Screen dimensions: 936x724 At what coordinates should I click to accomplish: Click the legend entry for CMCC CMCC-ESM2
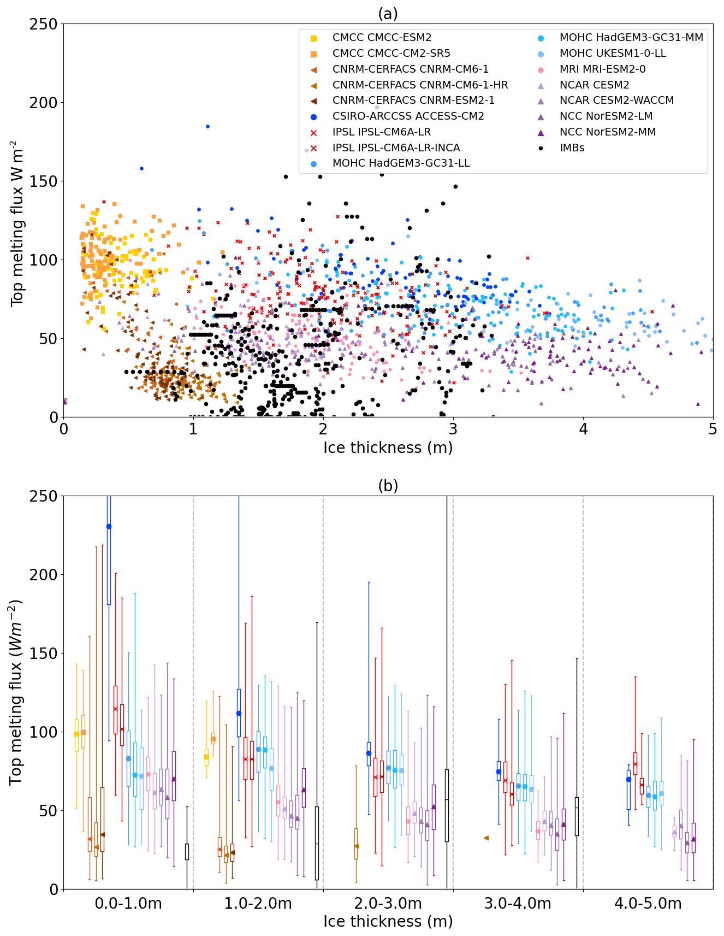point(382,38)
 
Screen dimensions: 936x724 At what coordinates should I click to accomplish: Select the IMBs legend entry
point(572,148)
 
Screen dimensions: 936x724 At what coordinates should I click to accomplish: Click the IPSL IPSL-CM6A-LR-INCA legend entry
point(396,148)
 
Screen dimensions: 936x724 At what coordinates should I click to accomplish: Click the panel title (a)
point(388,14)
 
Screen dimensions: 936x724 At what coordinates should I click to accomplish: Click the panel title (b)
point(388,486)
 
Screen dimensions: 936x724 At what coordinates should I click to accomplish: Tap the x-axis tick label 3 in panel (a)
point(453,429)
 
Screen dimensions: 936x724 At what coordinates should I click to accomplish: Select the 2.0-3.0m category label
point(388,904)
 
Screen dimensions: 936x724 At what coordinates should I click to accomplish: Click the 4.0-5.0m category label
point(648,904)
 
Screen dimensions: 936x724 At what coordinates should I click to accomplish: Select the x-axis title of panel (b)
point(388,921)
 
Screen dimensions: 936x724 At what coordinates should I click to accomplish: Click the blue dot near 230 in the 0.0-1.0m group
point(109,526)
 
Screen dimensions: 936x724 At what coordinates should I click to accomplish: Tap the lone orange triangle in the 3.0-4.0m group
point(486,838)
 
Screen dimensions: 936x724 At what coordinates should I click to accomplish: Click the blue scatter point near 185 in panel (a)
point(207,126)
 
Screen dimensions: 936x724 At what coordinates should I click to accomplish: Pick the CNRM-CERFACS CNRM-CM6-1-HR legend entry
point(420,85)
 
